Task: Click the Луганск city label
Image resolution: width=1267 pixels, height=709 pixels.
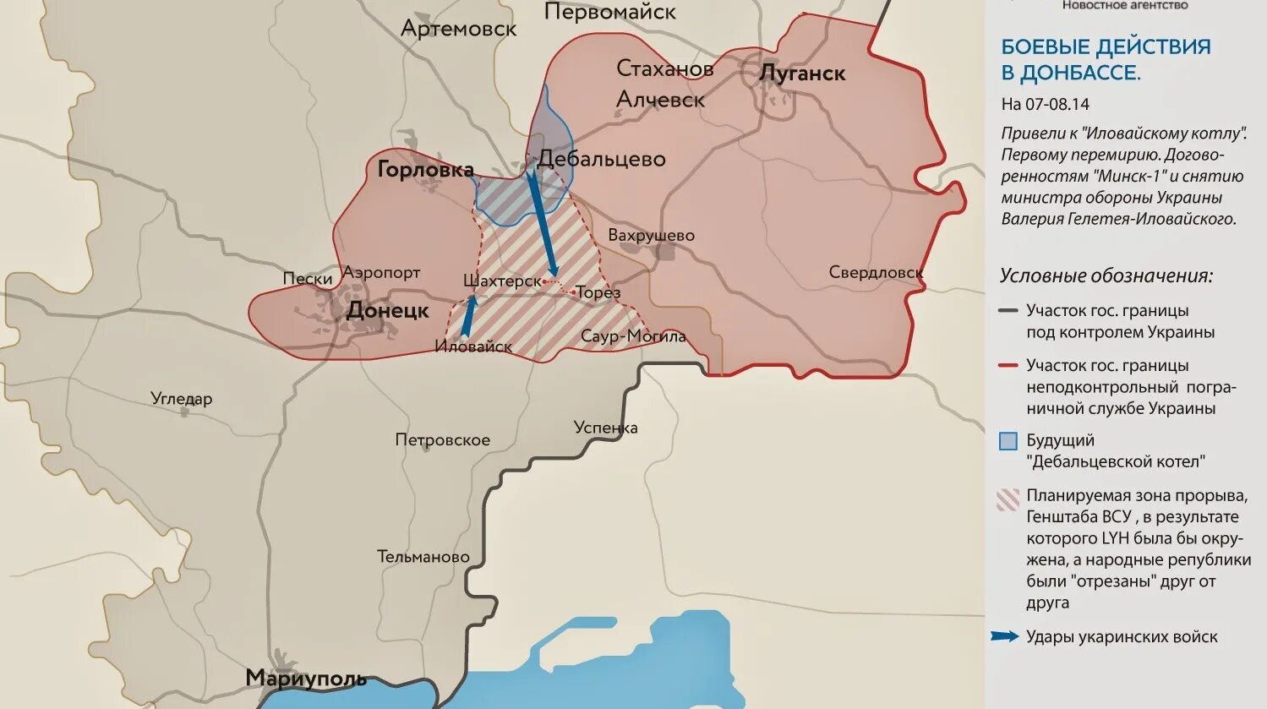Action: coord(802,74)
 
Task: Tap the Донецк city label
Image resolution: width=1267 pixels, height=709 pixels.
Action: coord(388,311)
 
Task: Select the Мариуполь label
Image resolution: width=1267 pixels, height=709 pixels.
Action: coord(306,678)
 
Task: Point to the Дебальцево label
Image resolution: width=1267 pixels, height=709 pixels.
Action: coord(602,159)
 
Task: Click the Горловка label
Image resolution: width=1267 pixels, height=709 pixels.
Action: coord(425,170)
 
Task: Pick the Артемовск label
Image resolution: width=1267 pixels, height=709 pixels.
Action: coord(458,29)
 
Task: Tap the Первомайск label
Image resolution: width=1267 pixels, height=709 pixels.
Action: coord(609,12)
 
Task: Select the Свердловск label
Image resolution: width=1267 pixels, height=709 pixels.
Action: coord(876,272)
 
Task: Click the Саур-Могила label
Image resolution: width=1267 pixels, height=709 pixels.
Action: coord(633,336)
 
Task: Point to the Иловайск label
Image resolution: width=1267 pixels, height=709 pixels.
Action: coord(473,346)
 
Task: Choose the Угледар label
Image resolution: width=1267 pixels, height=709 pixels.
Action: coord(181,399)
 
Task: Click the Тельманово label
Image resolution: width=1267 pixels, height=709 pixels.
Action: coord(423,557)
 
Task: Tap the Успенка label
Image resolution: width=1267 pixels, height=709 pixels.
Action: coord(605,428)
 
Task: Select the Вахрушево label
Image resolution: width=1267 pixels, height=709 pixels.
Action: coord(651,235)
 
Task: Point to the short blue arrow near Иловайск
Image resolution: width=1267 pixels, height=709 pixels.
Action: coord(467,315)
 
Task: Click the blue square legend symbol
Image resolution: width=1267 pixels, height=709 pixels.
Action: coord(1008,441)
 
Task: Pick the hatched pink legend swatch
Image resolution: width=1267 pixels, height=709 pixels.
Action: coord(1008,499)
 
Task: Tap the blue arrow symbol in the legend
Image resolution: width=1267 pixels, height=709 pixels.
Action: coord(1004,636)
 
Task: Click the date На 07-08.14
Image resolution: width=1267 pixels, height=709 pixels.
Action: coord(1045,105)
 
